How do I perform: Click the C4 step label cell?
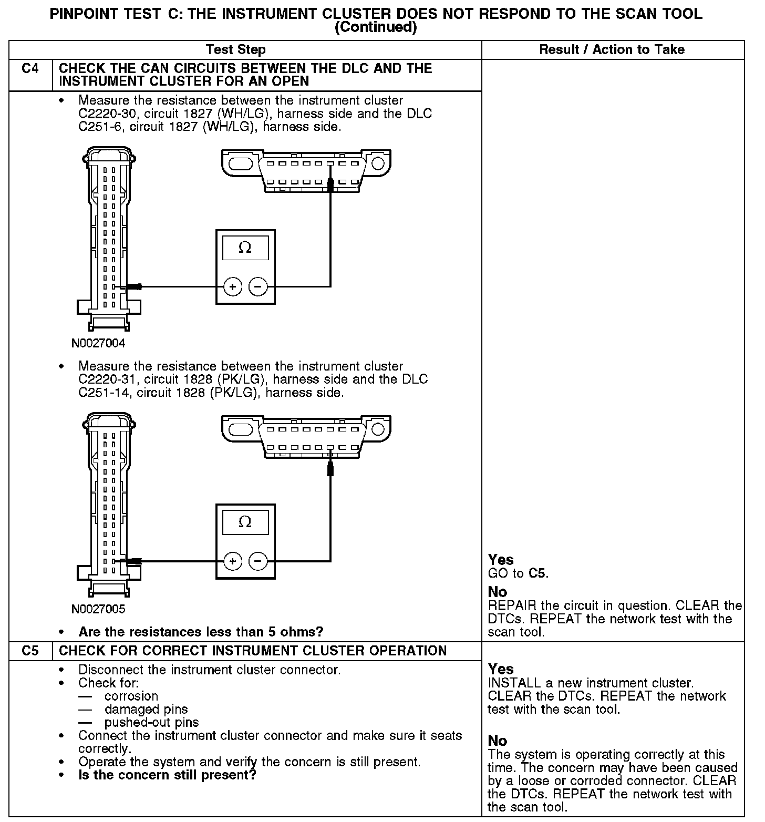click(x=30, y=69)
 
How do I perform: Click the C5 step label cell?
click(x=30, y=651)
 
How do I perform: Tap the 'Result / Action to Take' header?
click(x=612, y=50)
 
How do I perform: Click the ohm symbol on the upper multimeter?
click(x=245, y=248)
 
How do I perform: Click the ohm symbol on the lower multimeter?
click(x=245, y=522)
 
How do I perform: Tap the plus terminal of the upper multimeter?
click(x=232, y=286)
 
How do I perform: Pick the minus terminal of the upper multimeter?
click(x=257, y=286)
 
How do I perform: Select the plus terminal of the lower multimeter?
click(x=232, y=561)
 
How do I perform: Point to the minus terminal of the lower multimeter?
click(x=257, y=561)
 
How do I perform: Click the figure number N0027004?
click(x=98, y=344)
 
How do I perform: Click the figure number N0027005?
click(x=98, y=609)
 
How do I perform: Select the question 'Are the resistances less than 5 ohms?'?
click(x=201, y=631)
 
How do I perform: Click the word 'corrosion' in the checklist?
click(x=131, y=696)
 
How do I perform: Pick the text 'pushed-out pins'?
click(x=151, y=723)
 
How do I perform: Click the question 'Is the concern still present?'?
click(x=167, y=775)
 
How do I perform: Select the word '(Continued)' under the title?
click(x=376, y=27)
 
